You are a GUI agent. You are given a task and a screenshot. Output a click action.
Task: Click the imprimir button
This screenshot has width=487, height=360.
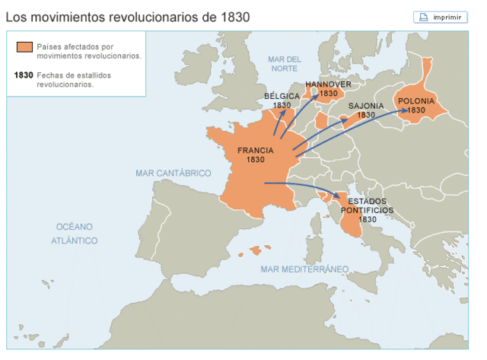(441, 17)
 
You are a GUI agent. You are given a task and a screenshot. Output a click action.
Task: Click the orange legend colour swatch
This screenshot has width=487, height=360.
(24, 48)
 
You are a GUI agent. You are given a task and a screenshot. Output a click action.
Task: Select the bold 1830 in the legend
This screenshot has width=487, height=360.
(24, 75)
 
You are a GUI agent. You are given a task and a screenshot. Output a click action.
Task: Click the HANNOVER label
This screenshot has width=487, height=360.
(328, 84)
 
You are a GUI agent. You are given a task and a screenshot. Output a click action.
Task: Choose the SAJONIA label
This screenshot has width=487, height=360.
(366, 106)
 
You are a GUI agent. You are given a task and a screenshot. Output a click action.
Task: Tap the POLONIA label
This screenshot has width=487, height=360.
(415, 100)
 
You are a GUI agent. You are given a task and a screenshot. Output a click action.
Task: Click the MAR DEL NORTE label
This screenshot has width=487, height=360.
(285, 64)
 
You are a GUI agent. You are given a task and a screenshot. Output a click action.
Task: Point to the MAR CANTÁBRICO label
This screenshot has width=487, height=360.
(173, 174)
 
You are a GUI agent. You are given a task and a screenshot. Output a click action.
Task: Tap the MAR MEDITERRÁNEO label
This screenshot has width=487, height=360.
(304, 269)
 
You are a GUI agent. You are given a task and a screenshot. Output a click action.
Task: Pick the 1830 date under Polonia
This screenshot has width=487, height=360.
(415, 110)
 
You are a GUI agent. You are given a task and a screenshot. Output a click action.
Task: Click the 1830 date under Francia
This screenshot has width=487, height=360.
(256, 161)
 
